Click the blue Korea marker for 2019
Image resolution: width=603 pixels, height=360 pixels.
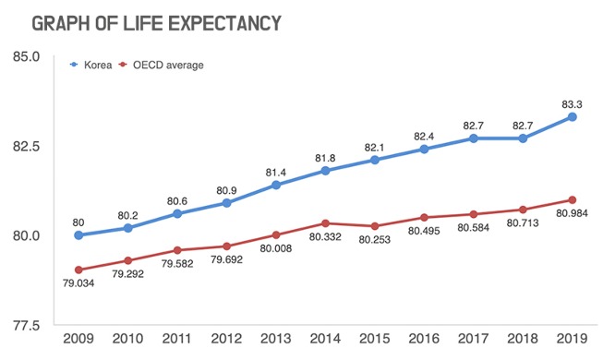pos(573,116)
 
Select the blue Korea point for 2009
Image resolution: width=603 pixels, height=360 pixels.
pos(78,235)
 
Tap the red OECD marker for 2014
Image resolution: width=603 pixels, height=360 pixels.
pos(325,223)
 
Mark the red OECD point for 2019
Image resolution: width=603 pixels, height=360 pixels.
pos(573,200)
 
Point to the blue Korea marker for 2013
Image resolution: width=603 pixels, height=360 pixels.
pos(276,185)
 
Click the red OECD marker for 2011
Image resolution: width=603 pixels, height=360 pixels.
pos(177,250)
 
